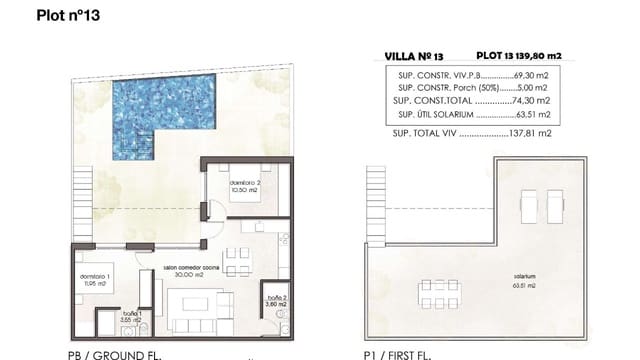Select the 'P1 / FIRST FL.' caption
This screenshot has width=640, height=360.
(404, 352)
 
